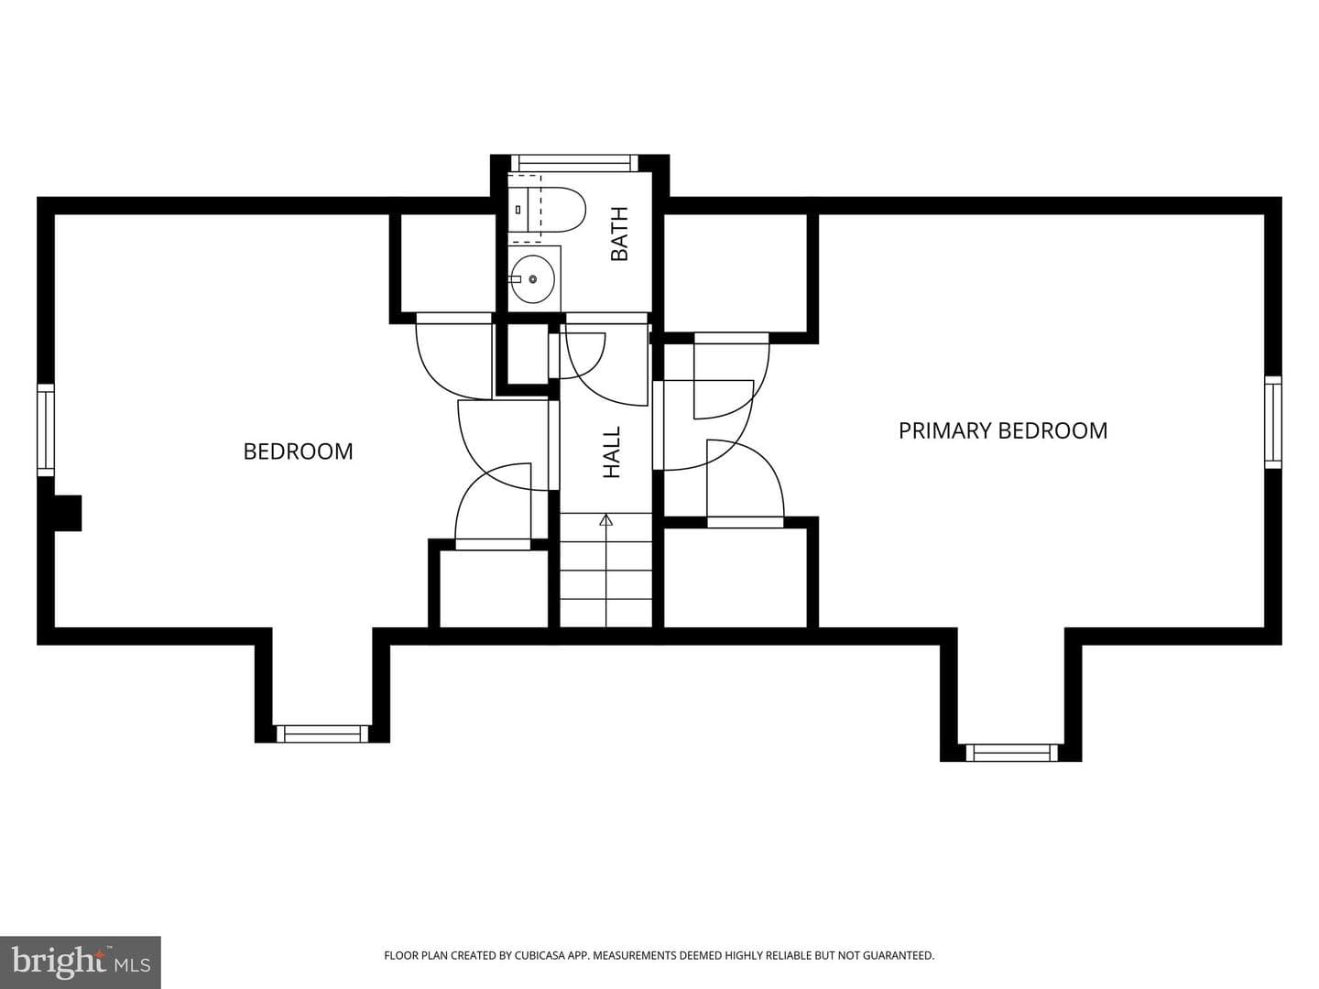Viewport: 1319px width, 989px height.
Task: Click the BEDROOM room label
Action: pyautogui.click(x=298, y=451)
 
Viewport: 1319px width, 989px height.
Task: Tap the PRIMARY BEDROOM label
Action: pyautogui.click(x=1003, y=430)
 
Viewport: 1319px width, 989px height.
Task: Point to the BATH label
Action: pyautogui.click(x=619, y=234)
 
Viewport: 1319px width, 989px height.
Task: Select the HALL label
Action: pyautogui.click(x=612, y=452)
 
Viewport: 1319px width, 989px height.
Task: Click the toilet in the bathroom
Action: pyautogui.click(x=546, y=210)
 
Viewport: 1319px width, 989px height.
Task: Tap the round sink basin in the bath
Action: pyautogui.click(x=533, y=278)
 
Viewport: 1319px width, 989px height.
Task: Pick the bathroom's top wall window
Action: pyautogui.click(x=574, y=163)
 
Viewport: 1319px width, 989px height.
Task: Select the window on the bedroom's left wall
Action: pyautogui.click(x=46, y=430)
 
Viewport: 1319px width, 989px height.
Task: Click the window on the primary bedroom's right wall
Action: pyautogui.click(x=1272, y=422)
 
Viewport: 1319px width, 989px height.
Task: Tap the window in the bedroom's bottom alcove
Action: pyautogui.click(x=322, y=734)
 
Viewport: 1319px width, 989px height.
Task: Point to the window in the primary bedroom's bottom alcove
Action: pyautogui.click(x=1011, y=753)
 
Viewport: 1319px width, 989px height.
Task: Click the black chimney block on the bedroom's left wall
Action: pyautogui.click(x=67, y=513)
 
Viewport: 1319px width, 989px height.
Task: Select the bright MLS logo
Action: pyautogui.click(x=81, y=962)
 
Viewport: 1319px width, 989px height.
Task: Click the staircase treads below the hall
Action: pyautogui.click(x=605, y=571)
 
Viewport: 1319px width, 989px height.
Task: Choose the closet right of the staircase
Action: pyautogui.click(x=735, y=578)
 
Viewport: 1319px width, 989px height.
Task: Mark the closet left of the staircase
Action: pyautogui.click(x=494, y=589)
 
